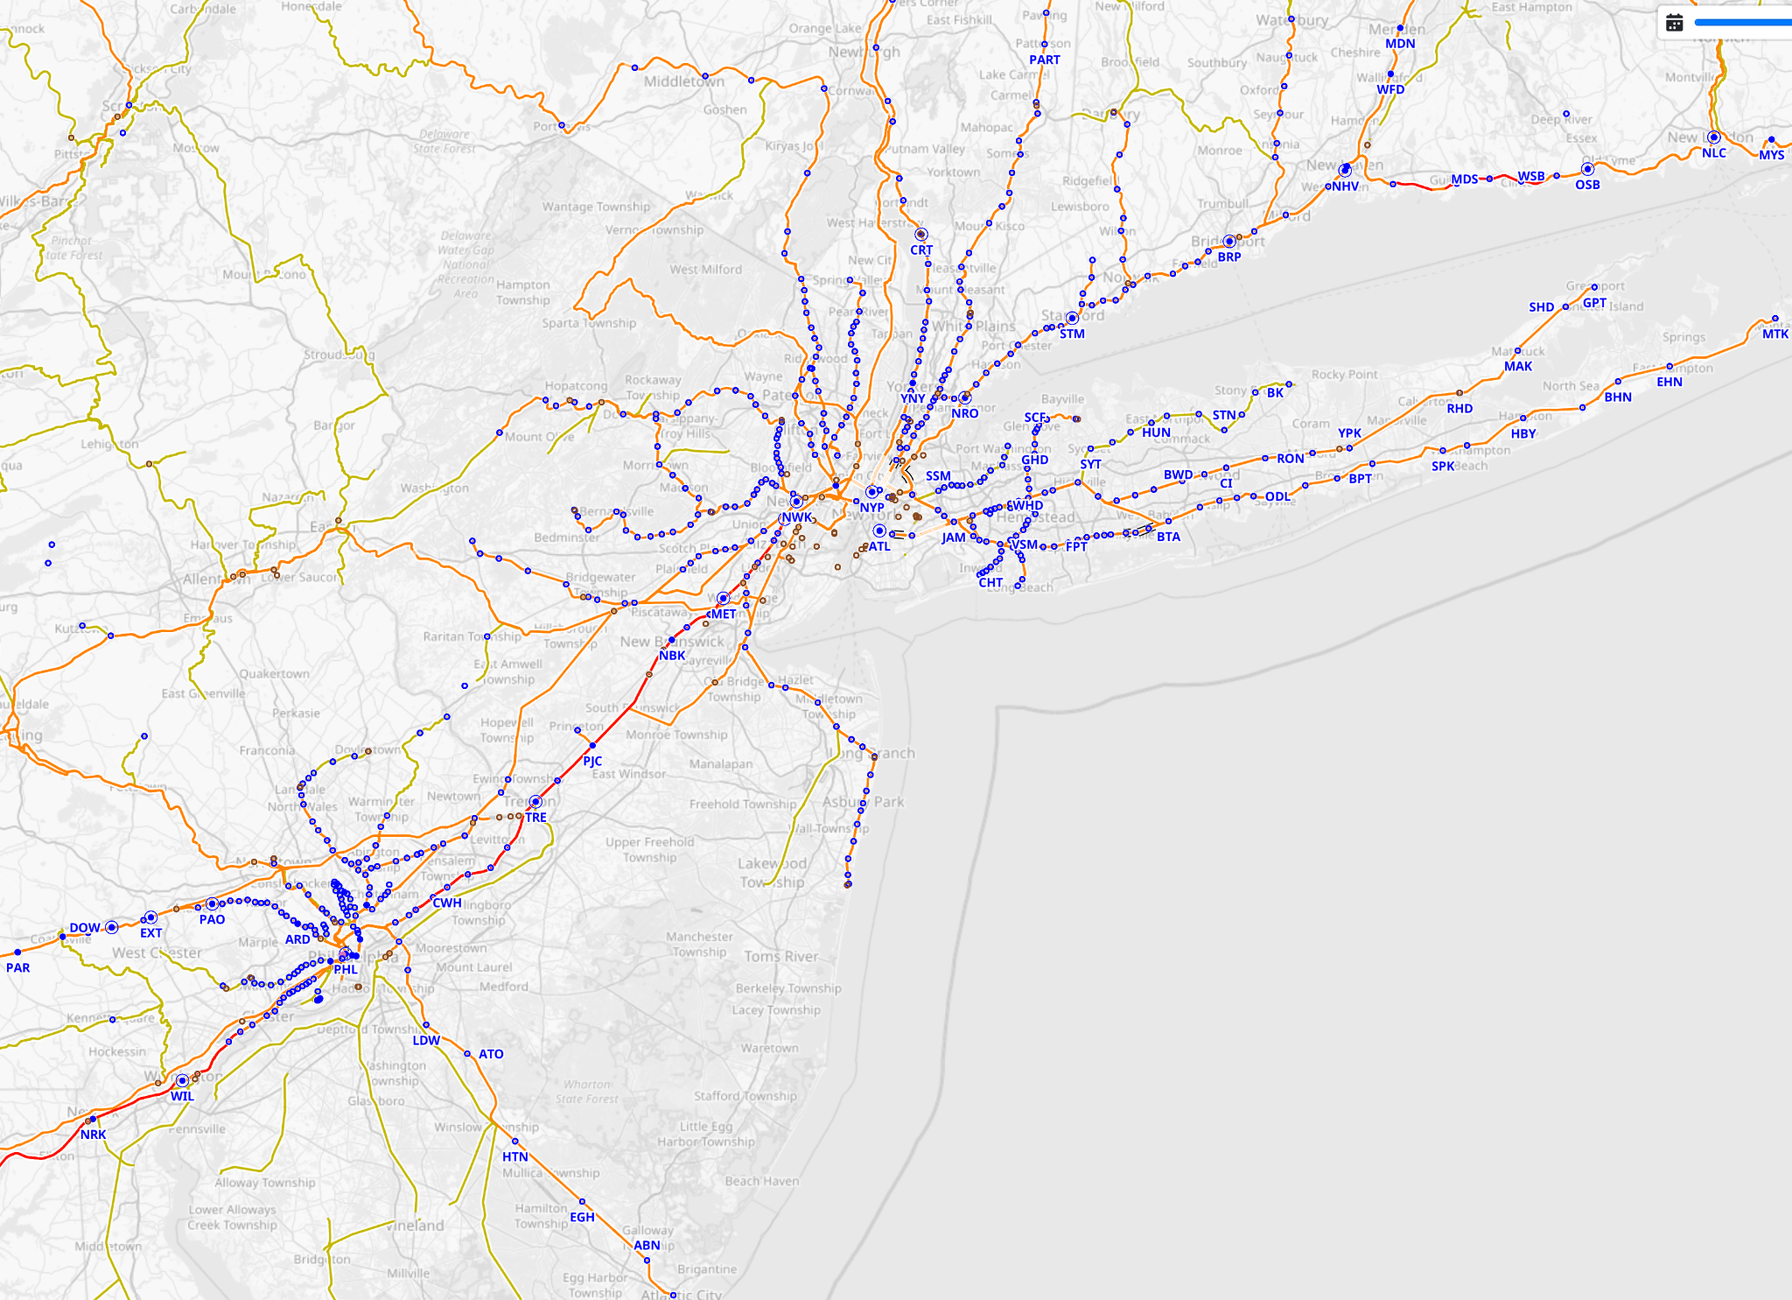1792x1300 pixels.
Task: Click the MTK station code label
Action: (1774, 334)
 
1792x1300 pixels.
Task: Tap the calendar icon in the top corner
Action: (1674, 23)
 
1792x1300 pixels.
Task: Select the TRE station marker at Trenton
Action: (535, 802)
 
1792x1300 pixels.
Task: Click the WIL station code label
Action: (182, 1096)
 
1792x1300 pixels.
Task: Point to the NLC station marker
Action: (1713, 137)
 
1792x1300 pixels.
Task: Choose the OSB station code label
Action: (1587, 185)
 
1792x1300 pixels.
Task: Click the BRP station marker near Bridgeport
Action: (1229, 241)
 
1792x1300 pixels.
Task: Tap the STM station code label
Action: (1072, 334)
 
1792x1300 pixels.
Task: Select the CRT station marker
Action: (920, 235)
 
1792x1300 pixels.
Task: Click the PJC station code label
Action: (592, 761)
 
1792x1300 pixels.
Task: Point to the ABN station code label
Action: (647, 1245)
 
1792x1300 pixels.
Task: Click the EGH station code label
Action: (582, 1217)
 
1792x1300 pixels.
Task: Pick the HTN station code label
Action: (514, 1156)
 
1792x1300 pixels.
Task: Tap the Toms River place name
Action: (781, 957)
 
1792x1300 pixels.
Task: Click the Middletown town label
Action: (683, 81)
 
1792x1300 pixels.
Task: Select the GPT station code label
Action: (1594, 303)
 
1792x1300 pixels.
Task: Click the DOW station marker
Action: (112, 927)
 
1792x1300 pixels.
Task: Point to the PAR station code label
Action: (17, 967)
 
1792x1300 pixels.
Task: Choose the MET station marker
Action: (723, 599)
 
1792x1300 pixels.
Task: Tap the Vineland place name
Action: (415, 1226)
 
